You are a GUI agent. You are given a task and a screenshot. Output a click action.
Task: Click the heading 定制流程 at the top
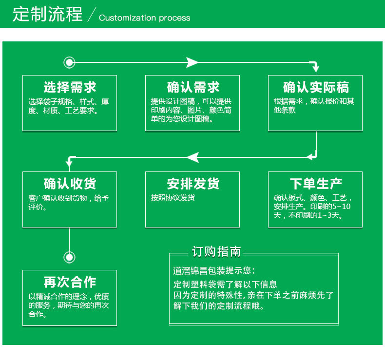point(47,14)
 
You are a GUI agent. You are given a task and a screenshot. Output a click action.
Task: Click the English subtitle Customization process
point(144,18)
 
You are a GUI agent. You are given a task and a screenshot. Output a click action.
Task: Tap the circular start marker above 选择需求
point(70,62)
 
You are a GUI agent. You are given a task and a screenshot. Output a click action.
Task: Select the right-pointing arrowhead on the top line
point(192,62)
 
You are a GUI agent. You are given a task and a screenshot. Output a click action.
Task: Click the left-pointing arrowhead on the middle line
point(192,157)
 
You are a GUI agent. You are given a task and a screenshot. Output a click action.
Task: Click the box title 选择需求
point(70,88)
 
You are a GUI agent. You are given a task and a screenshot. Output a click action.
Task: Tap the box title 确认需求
point(192,88)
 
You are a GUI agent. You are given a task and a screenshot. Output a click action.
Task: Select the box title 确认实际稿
point(315,88)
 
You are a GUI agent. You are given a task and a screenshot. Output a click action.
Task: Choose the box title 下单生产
point(315,184)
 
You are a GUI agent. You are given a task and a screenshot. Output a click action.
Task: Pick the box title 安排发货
point(192,184)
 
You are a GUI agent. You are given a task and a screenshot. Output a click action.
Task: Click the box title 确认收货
point(70,184)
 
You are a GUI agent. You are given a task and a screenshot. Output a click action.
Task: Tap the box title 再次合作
point(70,282)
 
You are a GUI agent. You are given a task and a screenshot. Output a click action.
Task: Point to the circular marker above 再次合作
point(70,257)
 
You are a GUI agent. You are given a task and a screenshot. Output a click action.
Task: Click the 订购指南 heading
point(216,252)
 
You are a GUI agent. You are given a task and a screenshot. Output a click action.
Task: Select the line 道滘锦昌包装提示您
point(213,271)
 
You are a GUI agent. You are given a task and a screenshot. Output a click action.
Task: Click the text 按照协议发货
point(173,198)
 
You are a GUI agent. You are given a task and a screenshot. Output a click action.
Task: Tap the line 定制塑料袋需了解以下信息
point(225,284)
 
